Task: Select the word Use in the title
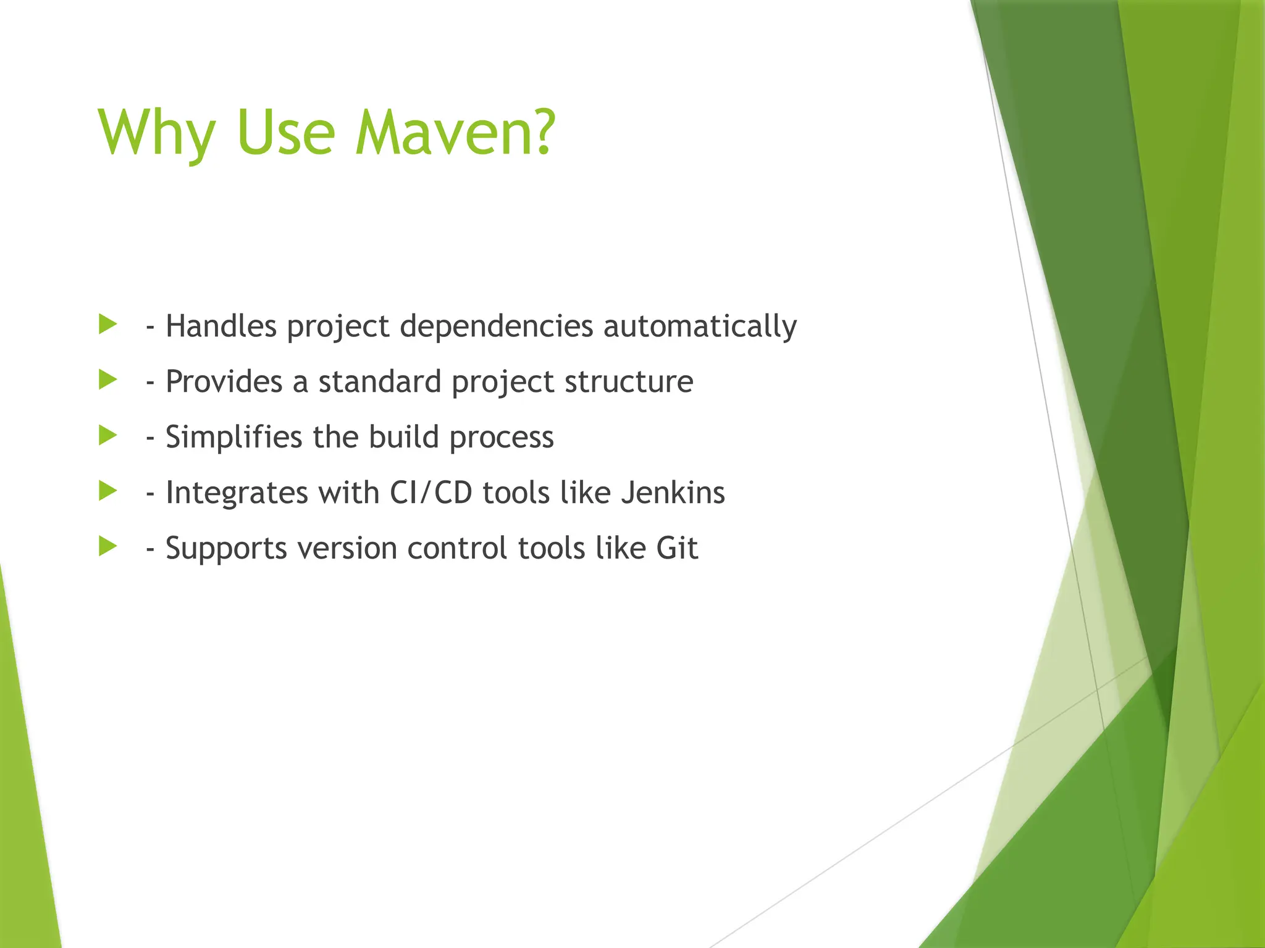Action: click(x=285, y=133)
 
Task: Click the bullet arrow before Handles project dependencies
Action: click(x=107, y=325)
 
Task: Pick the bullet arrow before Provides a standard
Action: click(x=107, y=380)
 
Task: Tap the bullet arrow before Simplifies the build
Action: click(x=107, y=436)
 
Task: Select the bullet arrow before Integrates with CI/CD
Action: click(x=107, y=491)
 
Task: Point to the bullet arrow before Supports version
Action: click(x=107, y=547)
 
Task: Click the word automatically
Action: click(x=700, y=326)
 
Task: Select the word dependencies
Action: click(x=497, y=326)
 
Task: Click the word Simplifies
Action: click(x=233, y=438)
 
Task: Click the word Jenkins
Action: click(x=673, y=493)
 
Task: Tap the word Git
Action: click(x=677, y=548)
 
